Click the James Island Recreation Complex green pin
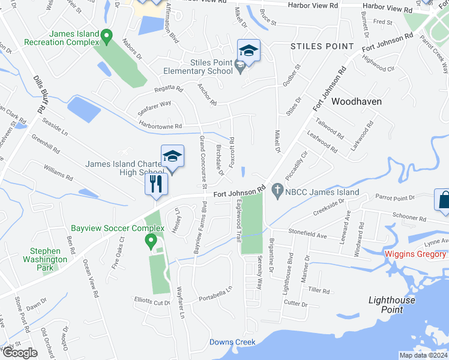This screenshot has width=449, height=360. (107, 37)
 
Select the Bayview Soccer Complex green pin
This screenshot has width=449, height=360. (151, 241)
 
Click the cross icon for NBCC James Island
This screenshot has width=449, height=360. (277, 192)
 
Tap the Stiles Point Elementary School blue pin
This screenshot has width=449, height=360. (249, 52)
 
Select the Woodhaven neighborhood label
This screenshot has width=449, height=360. (357, 101)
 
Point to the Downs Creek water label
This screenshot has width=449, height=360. (232, 342)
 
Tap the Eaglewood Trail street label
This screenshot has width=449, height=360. (239, 221)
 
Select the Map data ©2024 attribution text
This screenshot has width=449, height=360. (423, 355)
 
